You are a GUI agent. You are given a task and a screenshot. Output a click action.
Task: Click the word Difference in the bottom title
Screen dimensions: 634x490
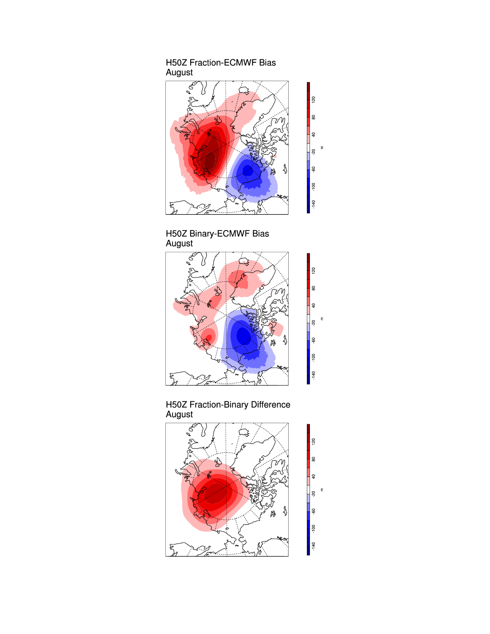point(270,405)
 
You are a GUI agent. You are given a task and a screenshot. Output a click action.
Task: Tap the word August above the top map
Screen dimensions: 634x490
point(179,73)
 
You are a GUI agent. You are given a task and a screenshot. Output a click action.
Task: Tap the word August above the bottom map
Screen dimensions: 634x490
point(179,415)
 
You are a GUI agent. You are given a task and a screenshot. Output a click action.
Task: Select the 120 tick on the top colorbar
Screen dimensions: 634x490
point(314,100)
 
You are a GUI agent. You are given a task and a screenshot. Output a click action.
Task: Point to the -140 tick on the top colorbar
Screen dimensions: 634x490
point(314,204)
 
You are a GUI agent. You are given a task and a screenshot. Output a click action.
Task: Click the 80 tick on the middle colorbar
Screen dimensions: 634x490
point(314,288)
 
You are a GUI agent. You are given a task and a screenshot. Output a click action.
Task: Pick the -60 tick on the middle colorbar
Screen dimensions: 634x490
point(314,340)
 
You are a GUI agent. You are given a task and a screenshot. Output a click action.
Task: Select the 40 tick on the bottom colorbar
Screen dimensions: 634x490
point(314,477)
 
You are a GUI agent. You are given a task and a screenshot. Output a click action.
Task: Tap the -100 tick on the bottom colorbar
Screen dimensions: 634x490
point(314,528)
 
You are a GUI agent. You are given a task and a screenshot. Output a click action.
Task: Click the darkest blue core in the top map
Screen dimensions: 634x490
point(247,171)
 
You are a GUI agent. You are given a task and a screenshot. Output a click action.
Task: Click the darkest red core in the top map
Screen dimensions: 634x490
point(209,159)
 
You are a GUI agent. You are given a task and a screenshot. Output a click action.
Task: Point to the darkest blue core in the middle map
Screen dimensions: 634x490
point(243,336)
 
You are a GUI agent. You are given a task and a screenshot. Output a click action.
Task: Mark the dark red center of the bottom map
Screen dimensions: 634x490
point(216,492)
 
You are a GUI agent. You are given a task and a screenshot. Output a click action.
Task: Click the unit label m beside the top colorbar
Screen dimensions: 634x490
point(322,148)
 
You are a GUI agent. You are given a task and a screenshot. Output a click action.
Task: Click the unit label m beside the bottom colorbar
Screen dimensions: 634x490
point(322,489)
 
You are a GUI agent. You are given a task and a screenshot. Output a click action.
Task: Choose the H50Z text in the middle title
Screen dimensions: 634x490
point(176,234)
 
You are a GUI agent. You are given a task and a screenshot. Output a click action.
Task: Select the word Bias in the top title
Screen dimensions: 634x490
point(267,63)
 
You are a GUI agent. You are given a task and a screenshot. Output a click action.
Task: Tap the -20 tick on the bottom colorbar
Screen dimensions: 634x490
point(314,493)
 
